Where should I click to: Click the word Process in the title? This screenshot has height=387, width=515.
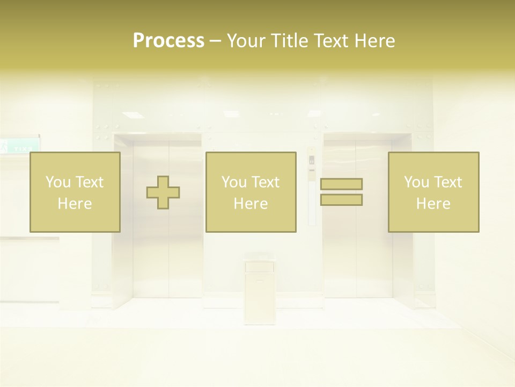(168, 41)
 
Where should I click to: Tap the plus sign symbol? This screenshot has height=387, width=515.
(163, 192)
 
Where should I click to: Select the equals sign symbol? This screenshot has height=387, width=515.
(341, 192)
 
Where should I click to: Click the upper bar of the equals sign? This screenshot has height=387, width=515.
(341, 184)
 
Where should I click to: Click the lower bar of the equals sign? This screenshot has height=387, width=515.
(341, 200)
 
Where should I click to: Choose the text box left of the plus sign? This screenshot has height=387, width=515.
(75, 192)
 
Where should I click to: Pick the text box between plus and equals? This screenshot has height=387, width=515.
(251, 192)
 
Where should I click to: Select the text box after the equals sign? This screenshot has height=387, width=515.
(433, 192)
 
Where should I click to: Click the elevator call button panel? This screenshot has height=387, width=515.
(312, 167)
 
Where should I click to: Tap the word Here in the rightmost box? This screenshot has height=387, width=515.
(433, 204)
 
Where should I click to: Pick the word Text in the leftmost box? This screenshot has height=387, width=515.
(89, 182)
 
